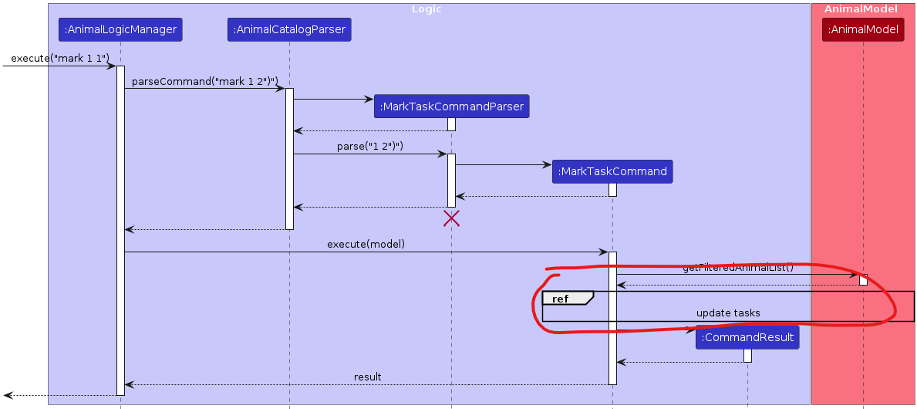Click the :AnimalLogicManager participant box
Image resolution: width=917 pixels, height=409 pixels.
(x=120, y=30)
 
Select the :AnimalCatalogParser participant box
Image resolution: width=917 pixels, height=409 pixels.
(x=289, y=30)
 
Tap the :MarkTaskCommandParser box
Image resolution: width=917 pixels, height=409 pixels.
(x=451, y=106)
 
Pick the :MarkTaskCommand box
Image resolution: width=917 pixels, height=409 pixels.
(x=612, y=171)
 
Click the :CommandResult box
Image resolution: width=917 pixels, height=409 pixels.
(x=747, y=337)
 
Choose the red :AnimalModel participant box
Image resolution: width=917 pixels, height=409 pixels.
(x=863, y=30)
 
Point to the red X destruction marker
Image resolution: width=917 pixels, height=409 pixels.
(x=451, y=218)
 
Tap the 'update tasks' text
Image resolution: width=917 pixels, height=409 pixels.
(x=728, y=313)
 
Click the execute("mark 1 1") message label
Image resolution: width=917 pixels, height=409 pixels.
(x=60, y=59)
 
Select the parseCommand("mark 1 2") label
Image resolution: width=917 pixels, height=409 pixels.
(x=204, y=81)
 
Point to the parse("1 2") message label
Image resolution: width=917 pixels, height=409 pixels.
(x=370, y=147)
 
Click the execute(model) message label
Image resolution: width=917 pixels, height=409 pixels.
(x=366, y=245)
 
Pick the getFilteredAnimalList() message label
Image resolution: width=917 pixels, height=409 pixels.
(x=737, y=268)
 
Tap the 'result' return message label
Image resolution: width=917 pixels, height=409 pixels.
(x=367, y=377)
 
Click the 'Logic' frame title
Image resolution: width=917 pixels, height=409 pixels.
(x=426, y=9)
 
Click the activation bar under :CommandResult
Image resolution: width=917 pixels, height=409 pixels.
(x=747, y=355)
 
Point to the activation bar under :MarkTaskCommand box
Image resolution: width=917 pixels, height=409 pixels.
(x=612, y=190)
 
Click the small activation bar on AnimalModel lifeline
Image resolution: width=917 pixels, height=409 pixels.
(x=863, y=279)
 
